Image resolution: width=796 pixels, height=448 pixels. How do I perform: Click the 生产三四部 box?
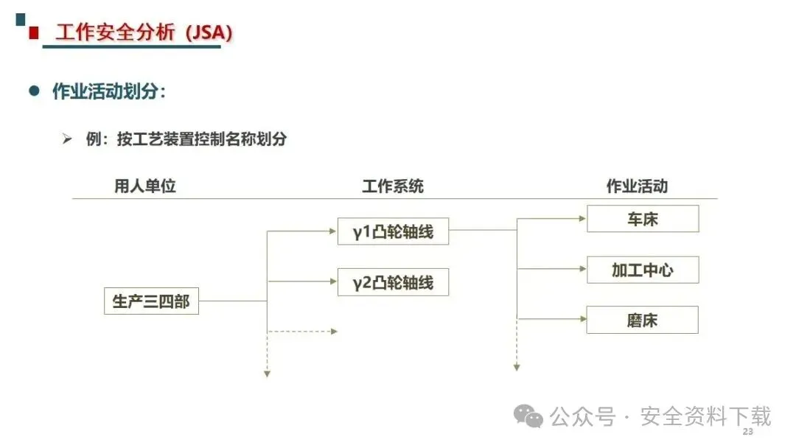pyautogui.click(x=151, y=301)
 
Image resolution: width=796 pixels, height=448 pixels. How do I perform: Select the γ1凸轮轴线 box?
pyautogui.click(x=393, y=231)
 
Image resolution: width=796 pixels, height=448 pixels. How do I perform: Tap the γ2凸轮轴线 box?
pyautogui.click(x=393, y=282)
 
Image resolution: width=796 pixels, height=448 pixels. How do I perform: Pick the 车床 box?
pyautogui.click(x=643, y=219)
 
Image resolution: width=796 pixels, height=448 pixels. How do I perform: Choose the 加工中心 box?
pyautogui.click(x=643, y=270)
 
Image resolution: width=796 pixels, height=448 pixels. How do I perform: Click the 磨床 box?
pyautogui.click(x=642, y=320)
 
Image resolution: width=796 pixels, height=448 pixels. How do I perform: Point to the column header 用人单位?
pyautogui.click(x=145, y=186)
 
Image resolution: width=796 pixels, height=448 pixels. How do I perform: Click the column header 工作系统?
pyautogui.click(x=392, y=186)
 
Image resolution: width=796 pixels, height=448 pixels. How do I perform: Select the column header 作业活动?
pyautogui.click(x=637, y=186)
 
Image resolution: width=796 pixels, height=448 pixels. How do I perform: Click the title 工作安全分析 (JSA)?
pyautogui.click(x=144, y=32)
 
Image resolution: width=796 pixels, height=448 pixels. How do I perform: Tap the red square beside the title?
pyautogui.click(x=34, y=33)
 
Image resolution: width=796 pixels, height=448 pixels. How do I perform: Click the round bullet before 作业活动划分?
pyautogui.click(x=34, y=91)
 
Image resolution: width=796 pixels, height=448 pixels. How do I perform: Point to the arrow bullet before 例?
pyautogui.click(x=67, y=139)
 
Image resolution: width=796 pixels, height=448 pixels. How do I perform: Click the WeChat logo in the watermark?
pyautogui.click(x=528, y=416)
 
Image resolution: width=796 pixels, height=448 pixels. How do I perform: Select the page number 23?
pyautogui.click(x=748, y=432)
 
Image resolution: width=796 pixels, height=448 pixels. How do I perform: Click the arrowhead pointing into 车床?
pyautogui.click(x=583, y=219)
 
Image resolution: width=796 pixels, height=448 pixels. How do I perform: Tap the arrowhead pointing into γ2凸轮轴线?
pyautogui.click(x=334, y=281)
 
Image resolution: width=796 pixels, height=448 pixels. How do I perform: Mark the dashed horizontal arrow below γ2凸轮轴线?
pyautogui.click(x=303, y=332)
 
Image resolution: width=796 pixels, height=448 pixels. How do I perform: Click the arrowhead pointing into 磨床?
pyautogui.click(x=583, y=319)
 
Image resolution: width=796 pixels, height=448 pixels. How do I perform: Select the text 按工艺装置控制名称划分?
pyautogui.click(x=201, y=139)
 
